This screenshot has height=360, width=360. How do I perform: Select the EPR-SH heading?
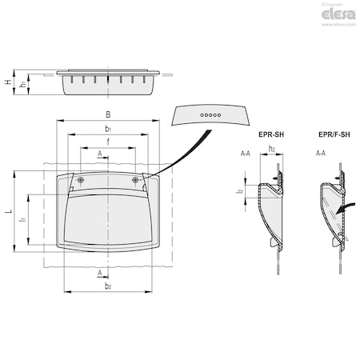tap(274, 135)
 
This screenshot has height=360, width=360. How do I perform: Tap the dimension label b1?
tap(108, 128)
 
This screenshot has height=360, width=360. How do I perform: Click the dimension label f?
tap(108, 142)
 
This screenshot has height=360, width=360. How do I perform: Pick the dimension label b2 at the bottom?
tap(108, 285)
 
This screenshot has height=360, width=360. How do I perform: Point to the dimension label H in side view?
tap(8, 82)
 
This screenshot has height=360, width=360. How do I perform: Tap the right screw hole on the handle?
tap(134, 179)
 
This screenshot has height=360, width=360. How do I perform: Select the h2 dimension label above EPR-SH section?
tap(272, 149)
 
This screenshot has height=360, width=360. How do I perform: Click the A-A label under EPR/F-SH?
tap(321, 152)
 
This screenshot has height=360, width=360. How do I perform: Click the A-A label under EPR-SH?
tap(246, 152)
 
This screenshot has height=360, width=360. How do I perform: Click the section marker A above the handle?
tap(99, 152)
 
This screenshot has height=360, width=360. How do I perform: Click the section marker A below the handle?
tap(99, 273)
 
